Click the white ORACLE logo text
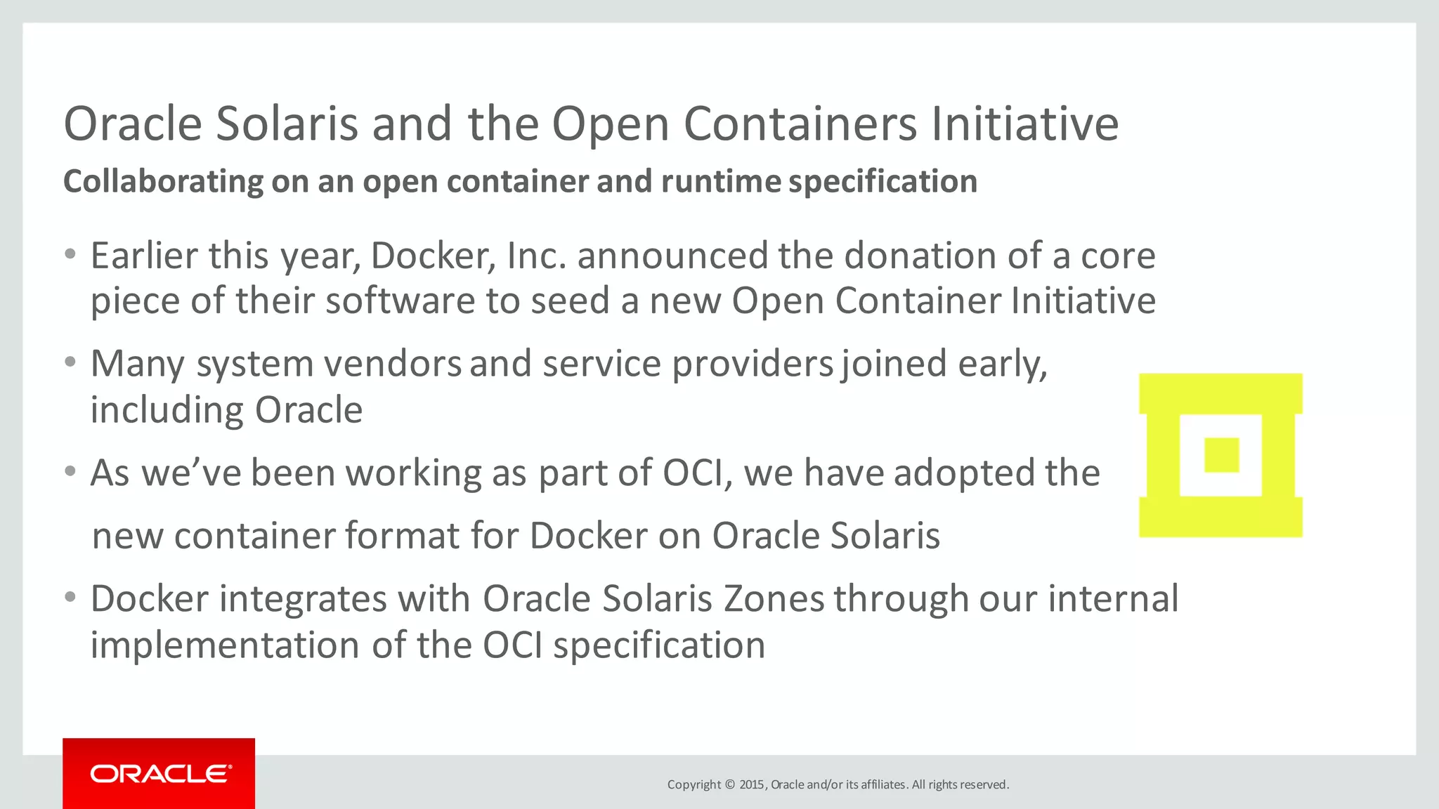pyautogui.click(x=160, y=774)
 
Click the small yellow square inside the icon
pyautogui.click(x=1221, y=455)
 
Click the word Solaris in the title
pyautogui.click(x=287, y=124)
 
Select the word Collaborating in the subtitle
pyautogui.click(x=163, y=181)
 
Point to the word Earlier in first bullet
pyautogui.click(x=144, y=256)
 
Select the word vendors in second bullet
pyautogui.click(x=392, y=364)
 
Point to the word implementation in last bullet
pyautogui.click(x=225, y=645)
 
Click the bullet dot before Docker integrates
pyautogui.click(x=70, y=598)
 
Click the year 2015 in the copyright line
pyautogui.click(x=752, y=784)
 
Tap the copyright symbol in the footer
pyautogui.click(x=729, y=784)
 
